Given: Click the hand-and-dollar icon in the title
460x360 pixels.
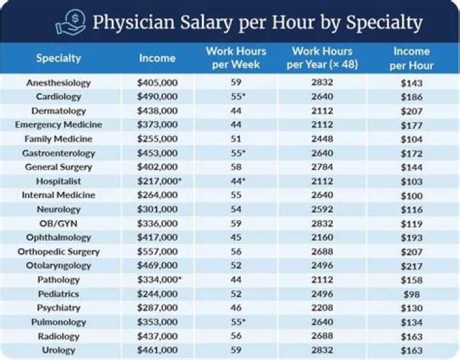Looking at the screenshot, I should pos(70,22).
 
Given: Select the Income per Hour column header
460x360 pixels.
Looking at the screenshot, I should pos(412,58).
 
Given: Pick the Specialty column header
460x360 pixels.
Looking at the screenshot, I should pos(59,58).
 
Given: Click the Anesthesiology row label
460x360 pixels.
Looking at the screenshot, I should pos(59,83).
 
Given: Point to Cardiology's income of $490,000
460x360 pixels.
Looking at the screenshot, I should pos(157,97).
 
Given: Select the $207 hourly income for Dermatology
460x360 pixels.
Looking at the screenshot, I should pos(412,111).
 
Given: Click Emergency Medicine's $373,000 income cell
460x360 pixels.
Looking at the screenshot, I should pos(157,125).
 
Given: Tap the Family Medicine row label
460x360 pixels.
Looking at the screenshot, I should pos(59,139).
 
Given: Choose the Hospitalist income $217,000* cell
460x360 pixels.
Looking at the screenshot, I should pos(159,181).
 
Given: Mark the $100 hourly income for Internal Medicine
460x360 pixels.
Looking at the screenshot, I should pos(412,195).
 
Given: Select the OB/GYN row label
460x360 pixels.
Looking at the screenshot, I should pos(59,223).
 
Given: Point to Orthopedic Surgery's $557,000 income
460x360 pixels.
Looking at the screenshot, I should pos(157,251).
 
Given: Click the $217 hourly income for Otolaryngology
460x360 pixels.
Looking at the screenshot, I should pos(412,266).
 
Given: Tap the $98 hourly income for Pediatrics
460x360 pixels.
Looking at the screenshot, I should pos(412,294).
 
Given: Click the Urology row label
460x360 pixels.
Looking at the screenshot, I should pos(59,350).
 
